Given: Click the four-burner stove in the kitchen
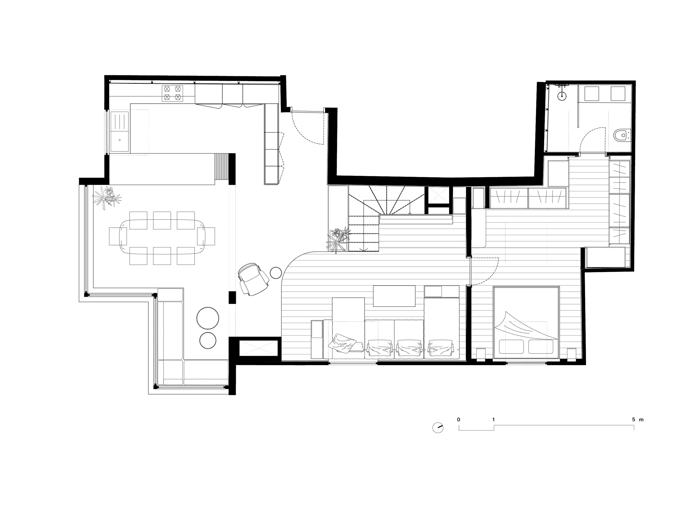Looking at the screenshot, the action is click(x=172, y=93).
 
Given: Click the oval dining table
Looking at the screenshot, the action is click(x=162, y=237).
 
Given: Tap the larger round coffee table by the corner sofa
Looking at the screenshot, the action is click(x=208, y=318).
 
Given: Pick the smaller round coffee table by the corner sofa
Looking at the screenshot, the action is click(x=208, y=340).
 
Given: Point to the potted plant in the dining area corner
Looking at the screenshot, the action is click(x=107, y=198).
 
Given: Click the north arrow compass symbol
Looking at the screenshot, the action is click(x=438, y=428).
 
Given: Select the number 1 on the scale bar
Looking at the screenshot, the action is click(x=493, y=419).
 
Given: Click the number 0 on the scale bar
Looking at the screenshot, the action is click(x=459, y=419).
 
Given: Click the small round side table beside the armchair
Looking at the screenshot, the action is click(x=276, y=272).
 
